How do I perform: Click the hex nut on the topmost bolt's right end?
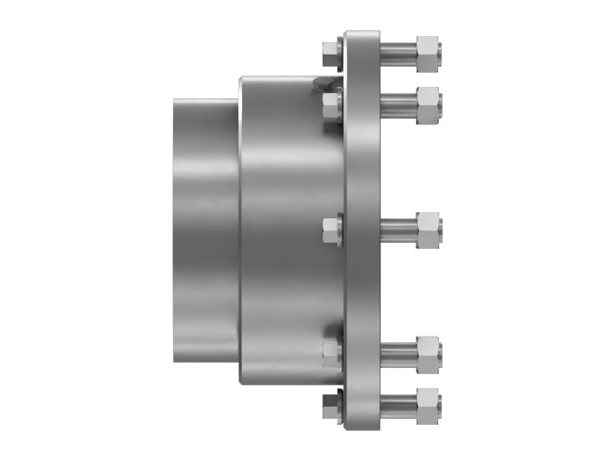coord(427,53)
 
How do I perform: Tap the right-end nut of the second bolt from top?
coord(427,101)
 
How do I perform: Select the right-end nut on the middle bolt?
coord(427,230)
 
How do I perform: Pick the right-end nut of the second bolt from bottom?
coord(427,353)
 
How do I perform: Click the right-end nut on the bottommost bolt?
coord(427,403)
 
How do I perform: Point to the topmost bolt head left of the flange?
coord(328,52)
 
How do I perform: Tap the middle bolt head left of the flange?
coord(331,230)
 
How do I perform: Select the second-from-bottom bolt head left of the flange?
coord(331,353)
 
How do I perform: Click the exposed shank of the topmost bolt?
coord(397,53)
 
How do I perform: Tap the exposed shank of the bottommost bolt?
coord(397,403)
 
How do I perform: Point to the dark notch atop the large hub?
coord(324,84)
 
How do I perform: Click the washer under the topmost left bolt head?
coord(341,52)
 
